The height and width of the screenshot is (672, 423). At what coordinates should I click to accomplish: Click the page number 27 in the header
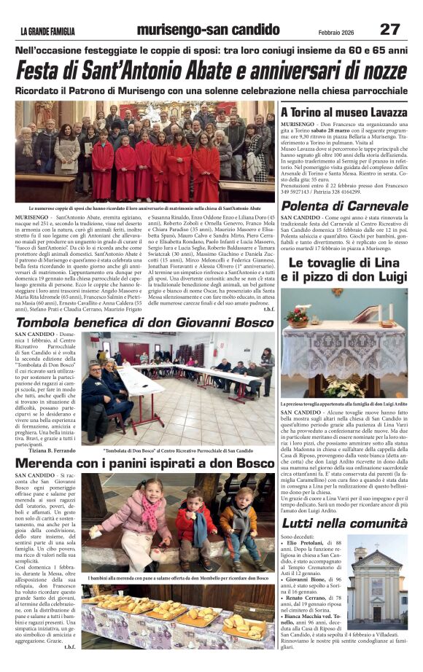pos(390,30)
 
